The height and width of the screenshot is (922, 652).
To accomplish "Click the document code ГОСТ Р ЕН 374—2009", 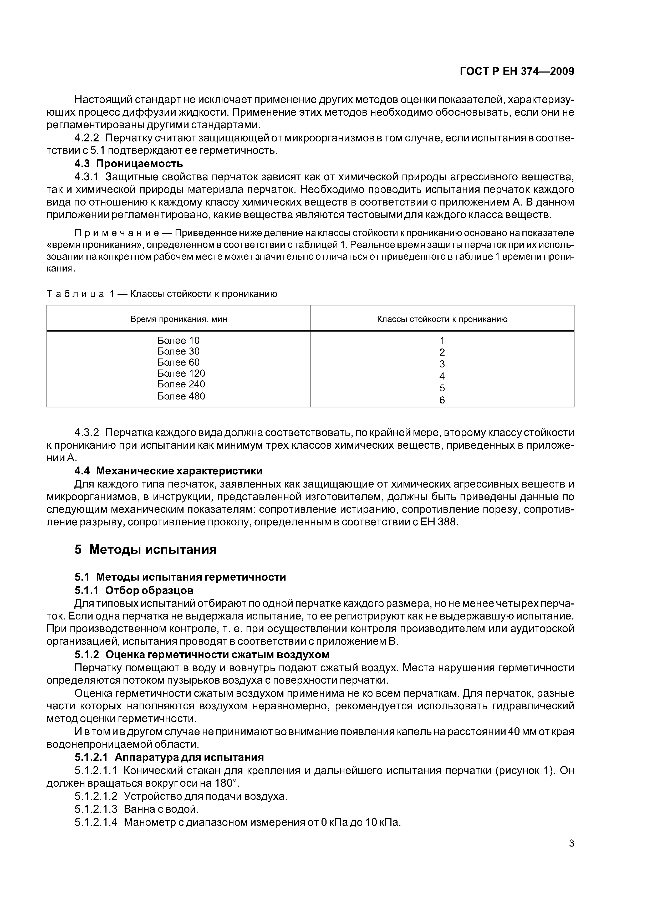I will (517, 71).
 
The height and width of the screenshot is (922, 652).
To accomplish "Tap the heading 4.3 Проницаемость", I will (129, 163).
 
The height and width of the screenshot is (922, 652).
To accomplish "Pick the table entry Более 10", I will (178, 341).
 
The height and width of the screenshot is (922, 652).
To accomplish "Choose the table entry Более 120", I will (181, 373).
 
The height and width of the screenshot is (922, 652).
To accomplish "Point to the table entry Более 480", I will (181, 396).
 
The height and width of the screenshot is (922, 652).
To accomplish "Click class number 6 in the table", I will (442, 400).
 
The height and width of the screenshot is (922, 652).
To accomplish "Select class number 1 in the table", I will (442, 341).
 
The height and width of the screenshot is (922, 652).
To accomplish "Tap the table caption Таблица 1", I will (80, 294).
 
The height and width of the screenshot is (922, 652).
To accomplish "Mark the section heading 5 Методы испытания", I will (145, 549).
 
